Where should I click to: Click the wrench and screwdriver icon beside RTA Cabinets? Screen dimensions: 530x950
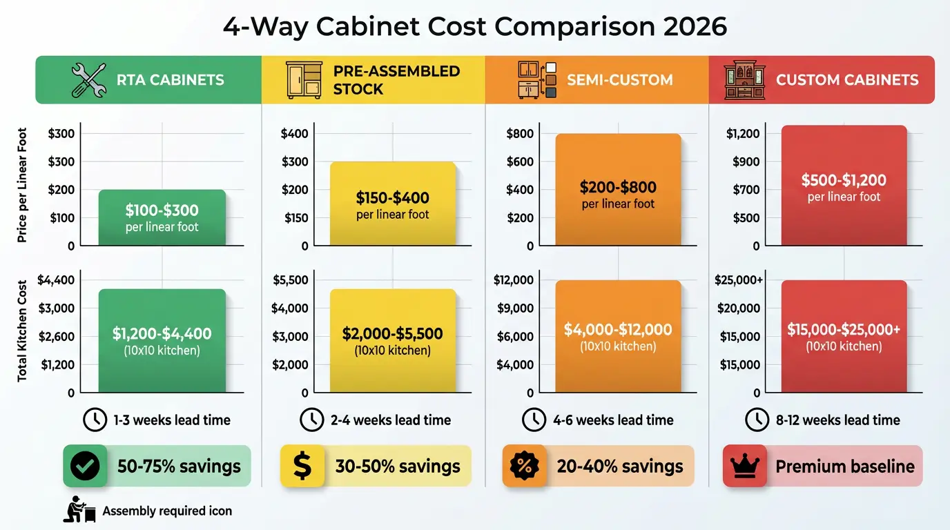[x=88, y=79]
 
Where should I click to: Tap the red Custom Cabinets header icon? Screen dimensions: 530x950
[x=744, y=79]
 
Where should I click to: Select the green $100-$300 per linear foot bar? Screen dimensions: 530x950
[x=162, y=217]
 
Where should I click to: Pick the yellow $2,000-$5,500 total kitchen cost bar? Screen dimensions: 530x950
[x=392, y=341]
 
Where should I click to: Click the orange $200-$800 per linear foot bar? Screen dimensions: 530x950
[x=618, y=190]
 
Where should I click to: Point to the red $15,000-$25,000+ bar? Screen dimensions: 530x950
[x=844, y=336]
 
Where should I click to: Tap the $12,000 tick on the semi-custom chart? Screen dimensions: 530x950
[x=513, y=280]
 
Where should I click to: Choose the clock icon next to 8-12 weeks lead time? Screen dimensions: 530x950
[x=757, y=420]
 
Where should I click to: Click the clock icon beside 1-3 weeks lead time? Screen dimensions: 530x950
[x=95, y=420]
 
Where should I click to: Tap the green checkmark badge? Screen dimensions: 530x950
[x=85, y=467]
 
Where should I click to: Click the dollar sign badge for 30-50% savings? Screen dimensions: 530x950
[x=302, y=467]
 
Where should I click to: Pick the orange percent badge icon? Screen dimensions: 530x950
[x=524, y=467]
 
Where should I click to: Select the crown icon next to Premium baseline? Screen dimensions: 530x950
[x=744, y=467]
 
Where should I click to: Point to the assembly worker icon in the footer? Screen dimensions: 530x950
[x=79, y=510]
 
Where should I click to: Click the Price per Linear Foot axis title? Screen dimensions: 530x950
[x=23, y=185]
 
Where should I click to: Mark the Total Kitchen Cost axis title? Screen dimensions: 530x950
[x=23, y=331]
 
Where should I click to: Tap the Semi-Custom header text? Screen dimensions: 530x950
[x=619, y=79]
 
